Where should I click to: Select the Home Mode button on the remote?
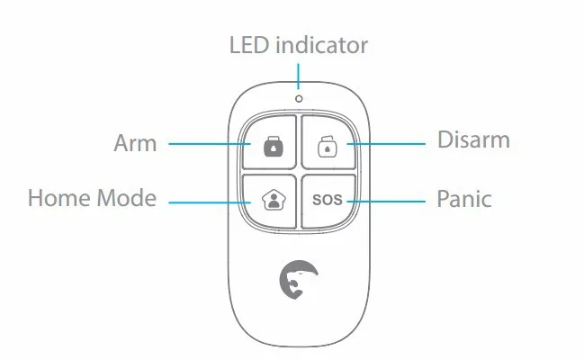(269, 198)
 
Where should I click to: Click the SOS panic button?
(327, 198)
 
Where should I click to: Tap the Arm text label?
(135, 142)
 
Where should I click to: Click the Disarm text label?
(473, 140)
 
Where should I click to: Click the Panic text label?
(464, 198)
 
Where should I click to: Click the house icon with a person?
(269, 198)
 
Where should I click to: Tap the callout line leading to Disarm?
(387, 142)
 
